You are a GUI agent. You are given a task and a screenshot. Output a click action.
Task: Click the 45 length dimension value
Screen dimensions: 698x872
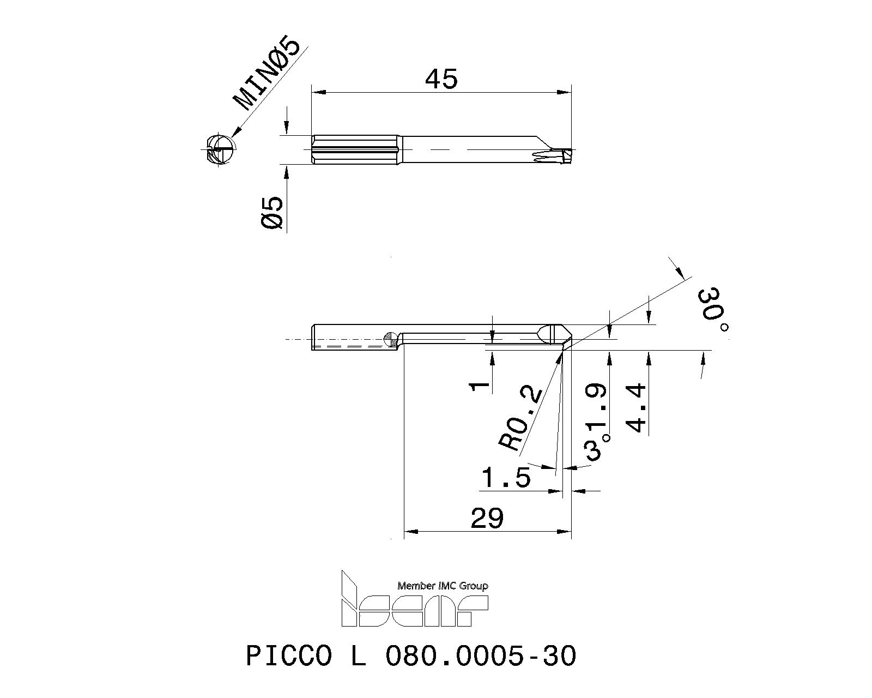pyautogui.click(x=441, y=80)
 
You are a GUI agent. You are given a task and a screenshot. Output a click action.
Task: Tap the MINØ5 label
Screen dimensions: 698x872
pyautogui.click(x=267, y=75)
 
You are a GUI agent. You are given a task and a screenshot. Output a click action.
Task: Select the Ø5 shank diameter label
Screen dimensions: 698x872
pyautogui.click(x=272, y=213)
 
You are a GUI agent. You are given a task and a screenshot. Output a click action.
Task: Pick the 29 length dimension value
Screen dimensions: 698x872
pyautogui.click(x=487, y=518)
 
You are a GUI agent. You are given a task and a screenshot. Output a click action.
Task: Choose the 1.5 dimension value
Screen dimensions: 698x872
pyautogui.click(x=506, y=478)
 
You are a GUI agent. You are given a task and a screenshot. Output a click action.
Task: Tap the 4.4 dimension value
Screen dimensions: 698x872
pyautogui.click(x=637, y=408)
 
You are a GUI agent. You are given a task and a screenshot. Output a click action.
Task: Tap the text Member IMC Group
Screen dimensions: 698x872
pyautogui.click(x=443, y=586)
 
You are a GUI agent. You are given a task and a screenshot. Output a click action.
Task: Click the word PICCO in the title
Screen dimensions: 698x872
pyautogui.click(x=289, y=655)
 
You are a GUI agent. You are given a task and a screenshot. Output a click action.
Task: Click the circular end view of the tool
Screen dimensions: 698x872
pyautogui.click(x=222, y=148)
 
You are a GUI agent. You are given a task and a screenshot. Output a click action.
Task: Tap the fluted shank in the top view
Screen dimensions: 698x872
pyautogui.click(x=357, y=149)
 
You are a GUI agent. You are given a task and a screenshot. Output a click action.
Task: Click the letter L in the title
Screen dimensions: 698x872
pyautogui.click(x=357, y=655)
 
